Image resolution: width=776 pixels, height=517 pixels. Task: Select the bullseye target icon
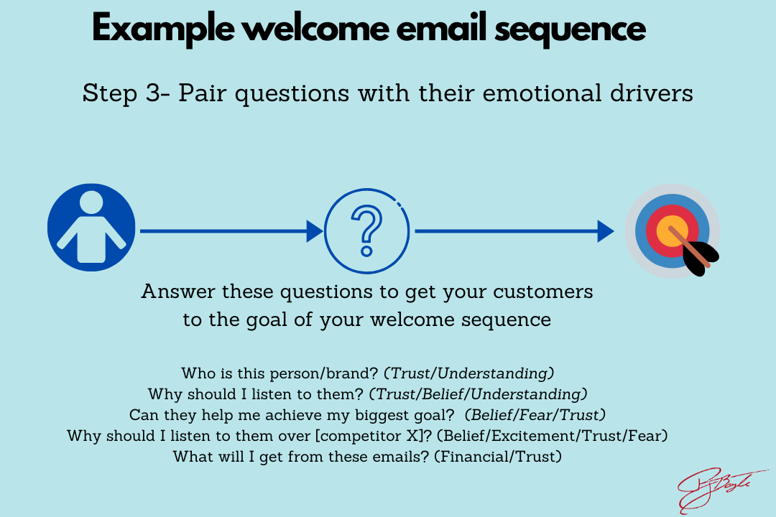671,230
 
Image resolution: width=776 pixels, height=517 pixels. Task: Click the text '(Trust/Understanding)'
468,373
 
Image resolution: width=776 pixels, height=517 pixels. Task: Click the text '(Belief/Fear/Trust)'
535,414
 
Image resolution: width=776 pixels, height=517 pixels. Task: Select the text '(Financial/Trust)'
497,456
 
